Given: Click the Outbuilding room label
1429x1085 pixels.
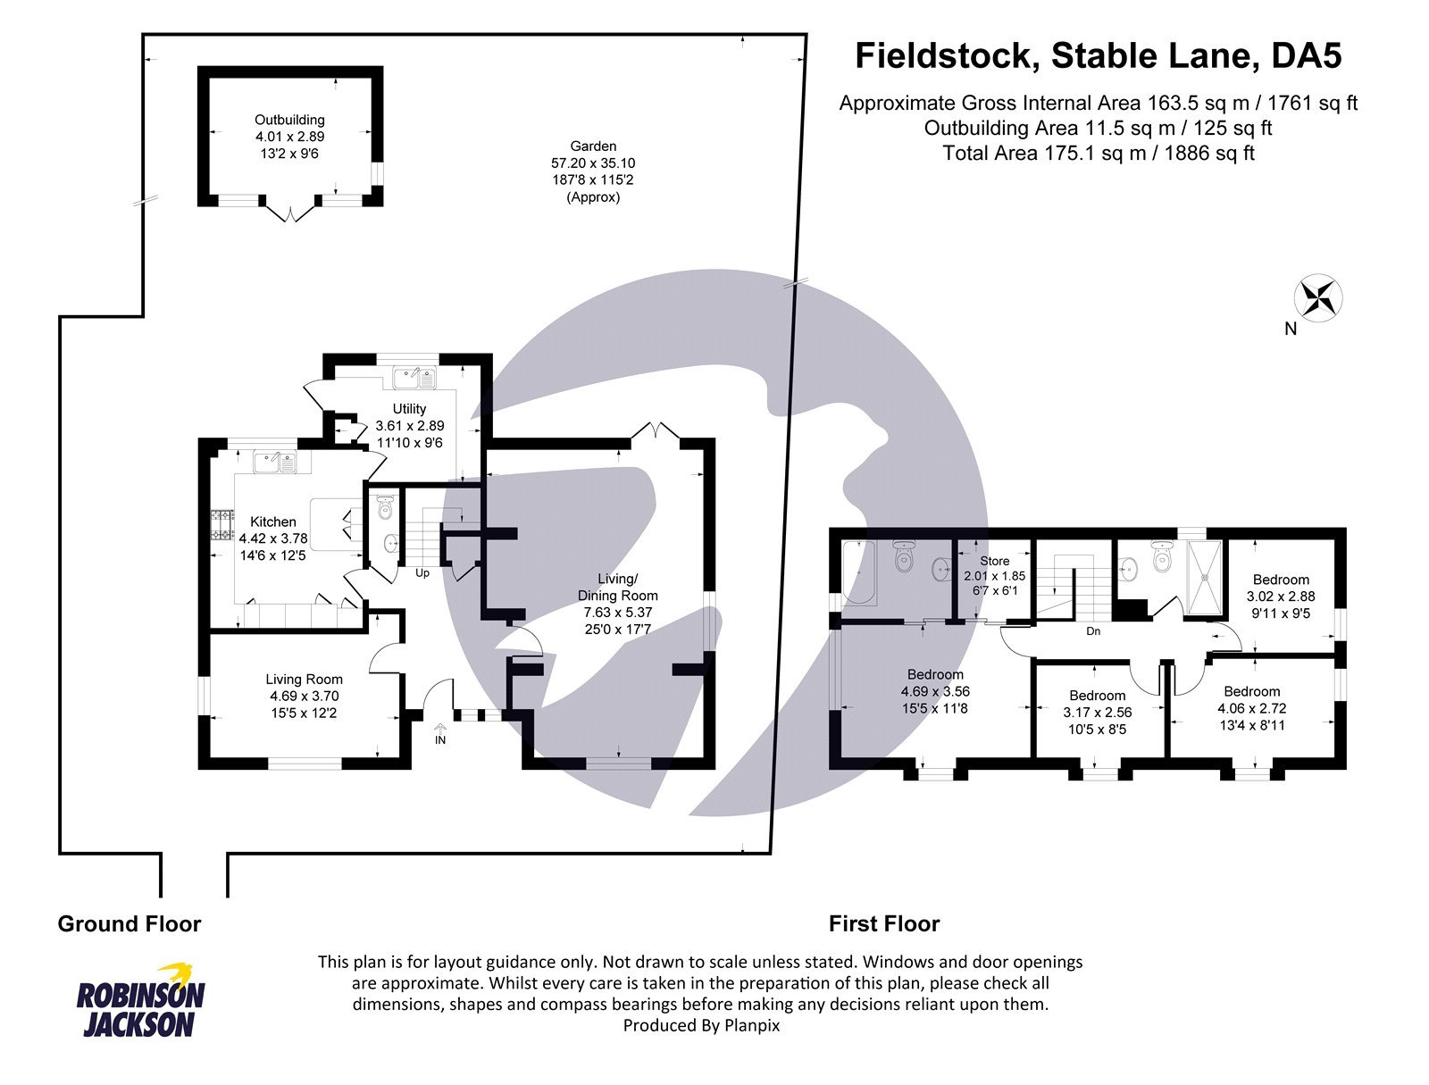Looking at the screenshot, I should point(289,120).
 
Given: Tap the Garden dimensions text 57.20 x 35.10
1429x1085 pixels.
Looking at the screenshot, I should point(593,163).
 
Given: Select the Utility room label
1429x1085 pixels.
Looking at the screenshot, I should point(409,409).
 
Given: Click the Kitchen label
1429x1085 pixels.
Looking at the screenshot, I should point(272,522).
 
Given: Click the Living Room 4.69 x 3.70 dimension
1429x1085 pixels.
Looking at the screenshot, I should point(304,696).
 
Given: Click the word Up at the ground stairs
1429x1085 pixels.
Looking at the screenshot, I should point(422,573).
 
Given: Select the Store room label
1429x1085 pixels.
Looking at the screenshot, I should point(994,561).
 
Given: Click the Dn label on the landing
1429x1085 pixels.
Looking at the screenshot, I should point(1093,631).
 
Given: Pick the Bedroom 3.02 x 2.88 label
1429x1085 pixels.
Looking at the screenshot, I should point(1280,580).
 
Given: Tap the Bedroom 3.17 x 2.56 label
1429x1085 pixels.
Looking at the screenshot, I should point(1097,696).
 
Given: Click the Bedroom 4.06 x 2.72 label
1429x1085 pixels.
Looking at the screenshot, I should point(1251,691).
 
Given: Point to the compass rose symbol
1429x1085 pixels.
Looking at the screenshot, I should point(1319,298).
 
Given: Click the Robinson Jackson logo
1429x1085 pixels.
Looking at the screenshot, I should point(140,1000).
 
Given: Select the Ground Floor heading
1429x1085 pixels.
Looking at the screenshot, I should point(130,924).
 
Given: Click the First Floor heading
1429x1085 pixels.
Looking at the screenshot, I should point(883,924).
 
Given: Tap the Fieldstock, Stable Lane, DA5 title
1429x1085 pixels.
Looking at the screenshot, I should point(1098,55).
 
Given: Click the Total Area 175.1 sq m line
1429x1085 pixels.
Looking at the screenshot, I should point(1098,153).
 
